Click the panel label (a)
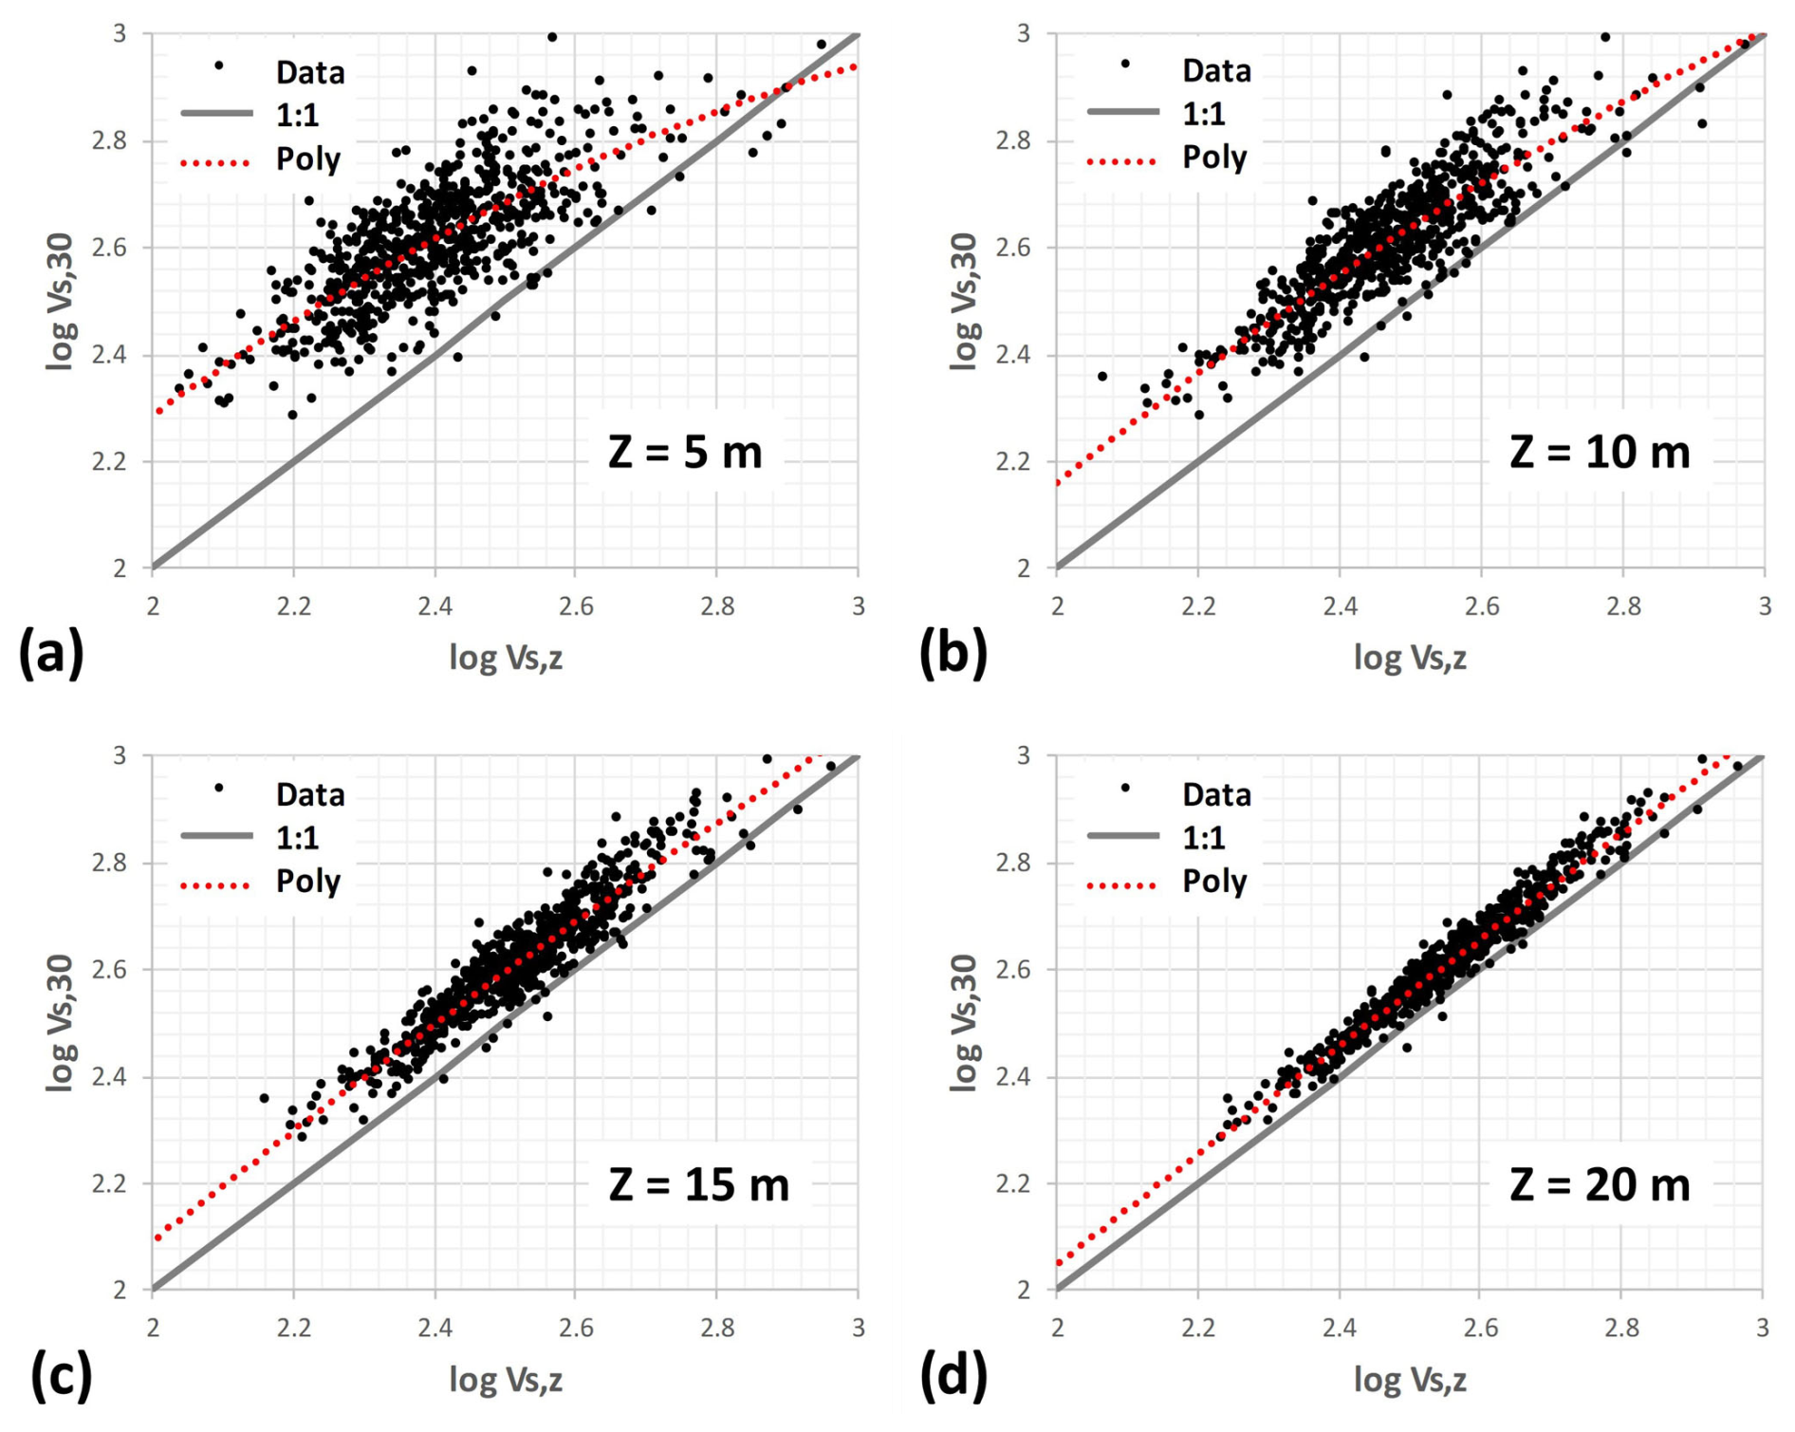tap(51, 654)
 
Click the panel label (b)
tap(953, 654)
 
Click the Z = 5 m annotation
tap(685, 452)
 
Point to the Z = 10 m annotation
tap(1600, 452)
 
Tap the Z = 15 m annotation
tap(698, 1184)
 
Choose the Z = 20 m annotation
tap(1600, 1184)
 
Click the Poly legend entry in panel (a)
tap(307, 159)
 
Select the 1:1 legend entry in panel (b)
tap(1204, 114)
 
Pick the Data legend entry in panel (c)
tap(309, 794)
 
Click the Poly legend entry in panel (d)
tap(1214, 882)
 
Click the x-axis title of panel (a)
tap(506, 657)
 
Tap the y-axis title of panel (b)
tap(964, 301)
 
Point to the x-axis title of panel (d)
tap(1410, 1379)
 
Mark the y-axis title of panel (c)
tap(60, 1023)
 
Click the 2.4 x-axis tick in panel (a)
tap(435, 606)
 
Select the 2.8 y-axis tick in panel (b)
tap(1013, 140)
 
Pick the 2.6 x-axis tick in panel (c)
tap(576, 1328)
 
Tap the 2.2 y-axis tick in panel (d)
tap(1013, 1183)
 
